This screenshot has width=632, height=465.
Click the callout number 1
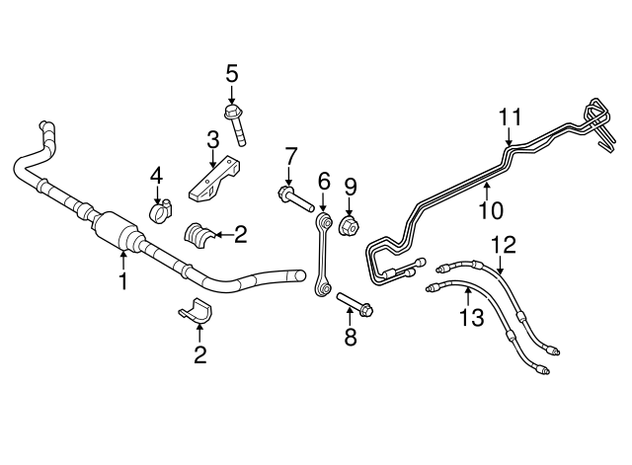coord(122,280)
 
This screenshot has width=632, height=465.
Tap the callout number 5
coord(232,74)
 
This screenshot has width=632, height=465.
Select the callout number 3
coord(213,140)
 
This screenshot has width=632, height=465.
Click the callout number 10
coord(492,210)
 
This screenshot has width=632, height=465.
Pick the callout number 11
coord(511,117)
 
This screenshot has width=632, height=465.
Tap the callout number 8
coord(351,337)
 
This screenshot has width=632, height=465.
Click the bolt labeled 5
coord(235,125)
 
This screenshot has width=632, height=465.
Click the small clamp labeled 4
coord(160,210)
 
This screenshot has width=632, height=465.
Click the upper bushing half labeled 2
coord(198,235)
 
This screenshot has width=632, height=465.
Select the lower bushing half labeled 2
coord(197,311)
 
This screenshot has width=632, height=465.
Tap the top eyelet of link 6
coord(326,221)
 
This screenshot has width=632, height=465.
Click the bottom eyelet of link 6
coord(323,287)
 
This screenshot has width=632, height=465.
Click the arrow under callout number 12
coord(501,265)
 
